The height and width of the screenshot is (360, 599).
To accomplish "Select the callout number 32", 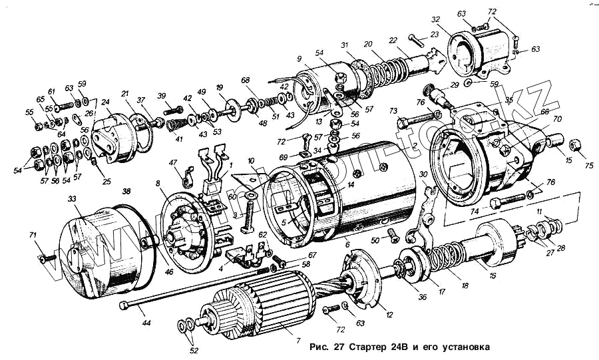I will point(455,19).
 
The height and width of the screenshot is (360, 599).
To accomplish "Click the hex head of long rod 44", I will point(124,305).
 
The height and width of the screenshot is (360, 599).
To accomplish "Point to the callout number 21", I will point(124,94).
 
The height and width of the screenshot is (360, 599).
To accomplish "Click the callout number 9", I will point(299,59).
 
